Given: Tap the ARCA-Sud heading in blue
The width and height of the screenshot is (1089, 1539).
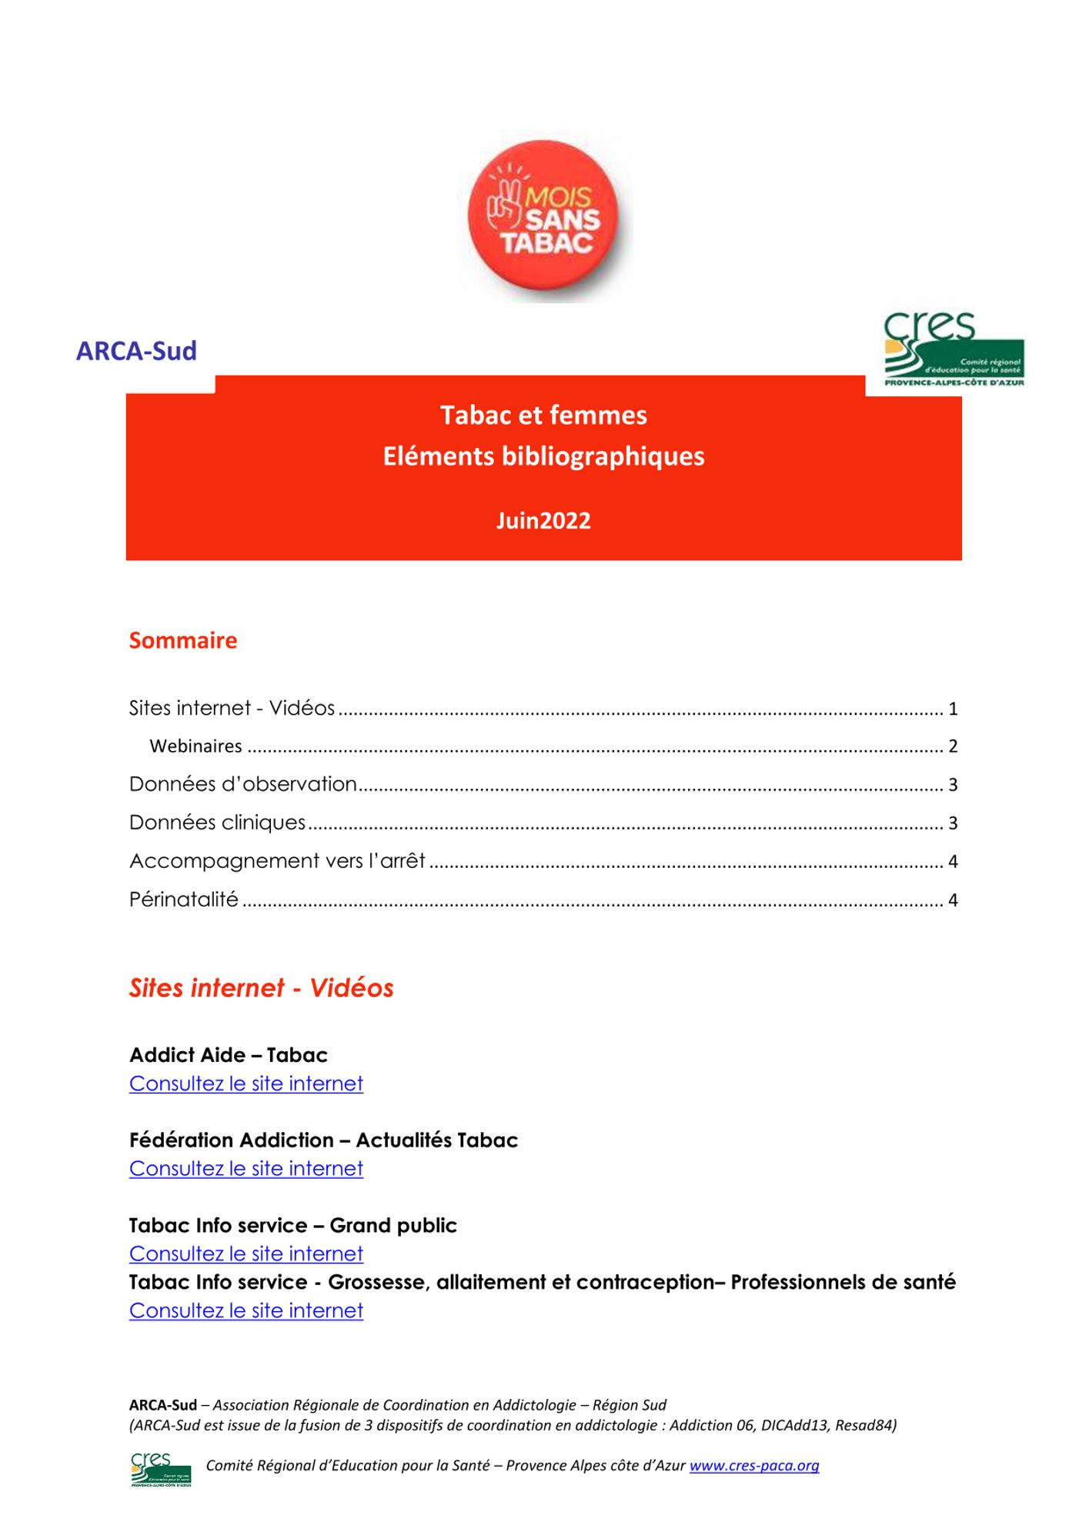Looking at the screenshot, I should pos(136,351).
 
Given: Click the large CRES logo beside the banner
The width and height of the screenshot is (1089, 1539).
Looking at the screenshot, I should pos(954,350).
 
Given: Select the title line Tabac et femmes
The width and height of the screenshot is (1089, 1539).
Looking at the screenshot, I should pos(543,416).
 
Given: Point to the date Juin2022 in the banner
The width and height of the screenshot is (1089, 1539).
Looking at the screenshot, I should pos(543,521).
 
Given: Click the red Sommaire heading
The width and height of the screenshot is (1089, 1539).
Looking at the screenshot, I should pos(183,640).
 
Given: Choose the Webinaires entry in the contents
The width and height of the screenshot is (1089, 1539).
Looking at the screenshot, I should pos(195,746).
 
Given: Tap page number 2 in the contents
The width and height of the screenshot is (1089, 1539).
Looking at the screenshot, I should pos(953,746).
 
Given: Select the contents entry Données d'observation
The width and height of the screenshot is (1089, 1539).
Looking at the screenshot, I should pos(243,784).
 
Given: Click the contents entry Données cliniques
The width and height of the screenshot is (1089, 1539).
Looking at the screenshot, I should pos(218,823).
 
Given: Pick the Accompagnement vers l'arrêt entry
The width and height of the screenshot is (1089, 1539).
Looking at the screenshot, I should pos(277,861).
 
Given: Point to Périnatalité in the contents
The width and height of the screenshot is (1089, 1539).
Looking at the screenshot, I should pos(184,900).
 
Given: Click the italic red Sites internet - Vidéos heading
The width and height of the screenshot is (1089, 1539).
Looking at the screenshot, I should pos(262,988).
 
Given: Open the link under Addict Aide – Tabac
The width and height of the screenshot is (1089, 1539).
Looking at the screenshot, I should pos(246,1083).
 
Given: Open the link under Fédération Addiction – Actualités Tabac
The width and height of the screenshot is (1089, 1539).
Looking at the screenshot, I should pos(246,1168).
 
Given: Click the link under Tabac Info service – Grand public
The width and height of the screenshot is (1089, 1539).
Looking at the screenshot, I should pos(246,1254).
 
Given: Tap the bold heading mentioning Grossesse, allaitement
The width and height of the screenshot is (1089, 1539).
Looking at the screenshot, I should pos(542,1282).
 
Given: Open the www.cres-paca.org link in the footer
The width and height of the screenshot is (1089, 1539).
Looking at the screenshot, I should pos(754,1465).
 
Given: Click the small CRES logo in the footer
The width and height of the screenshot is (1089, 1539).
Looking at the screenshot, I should pos(161,1469).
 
